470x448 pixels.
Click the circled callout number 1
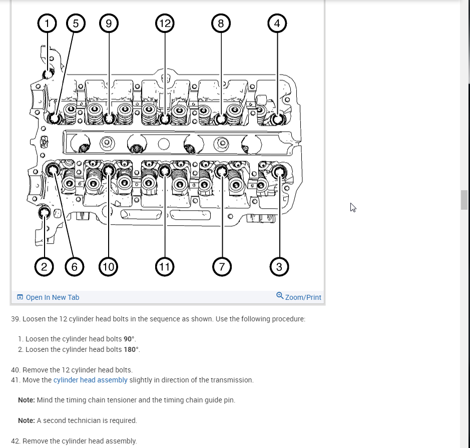[x=48, y=23]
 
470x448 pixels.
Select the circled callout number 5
[x=76, y=23]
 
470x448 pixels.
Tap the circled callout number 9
[x=108, y=23]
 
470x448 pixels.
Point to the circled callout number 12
[x=164, y=23]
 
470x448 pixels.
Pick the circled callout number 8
[x=221, y=23]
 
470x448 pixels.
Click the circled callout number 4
[x=277, y=23]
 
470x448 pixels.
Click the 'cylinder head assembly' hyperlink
[x=90, y=380]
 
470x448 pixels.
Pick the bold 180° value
[x=132, y=349]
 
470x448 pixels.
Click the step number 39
[x=15, y=319]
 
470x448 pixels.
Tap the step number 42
[x=15, y=441]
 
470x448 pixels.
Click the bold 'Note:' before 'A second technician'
[x=26, y=420]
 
